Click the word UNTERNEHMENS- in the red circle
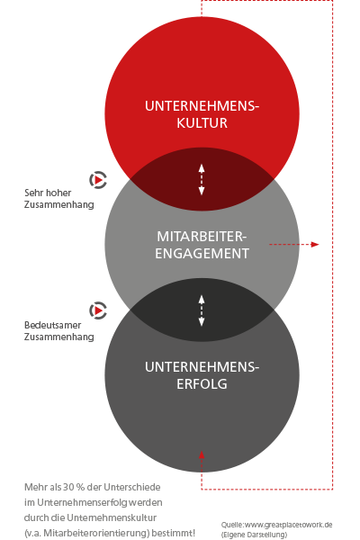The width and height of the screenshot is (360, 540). [202, 106]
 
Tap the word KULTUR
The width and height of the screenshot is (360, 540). [202, 123]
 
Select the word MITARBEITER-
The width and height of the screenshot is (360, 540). [202, 237]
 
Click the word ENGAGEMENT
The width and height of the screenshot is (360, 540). [202, 254]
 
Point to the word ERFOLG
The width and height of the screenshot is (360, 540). [202, 383]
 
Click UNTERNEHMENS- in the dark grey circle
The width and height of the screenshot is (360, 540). [202, 367]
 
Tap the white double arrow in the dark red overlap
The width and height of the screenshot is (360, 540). [202, 179]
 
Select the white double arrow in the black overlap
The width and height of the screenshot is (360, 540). [202, 310]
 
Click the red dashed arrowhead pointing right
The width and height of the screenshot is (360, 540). [315, 244]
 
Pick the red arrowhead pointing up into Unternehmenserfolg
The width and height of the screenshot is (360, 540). [202, 454]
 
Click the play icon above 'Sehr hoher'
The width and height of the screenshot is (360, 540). [98, 180]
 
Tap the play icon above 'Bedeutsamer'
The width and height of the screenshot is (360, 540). [98, 310]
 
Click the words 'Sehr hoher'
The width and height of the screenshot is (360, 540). [48, 193]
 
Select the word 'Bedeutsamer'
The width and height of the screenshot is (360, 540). [53, 325]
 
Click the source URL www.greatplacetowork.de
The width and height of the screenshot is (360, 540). [288, 525]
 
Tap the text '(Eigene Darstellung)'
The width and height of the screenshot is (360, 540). [254, 535]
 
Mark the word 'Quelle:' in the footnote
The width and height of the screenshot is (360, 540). [232, 525]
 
